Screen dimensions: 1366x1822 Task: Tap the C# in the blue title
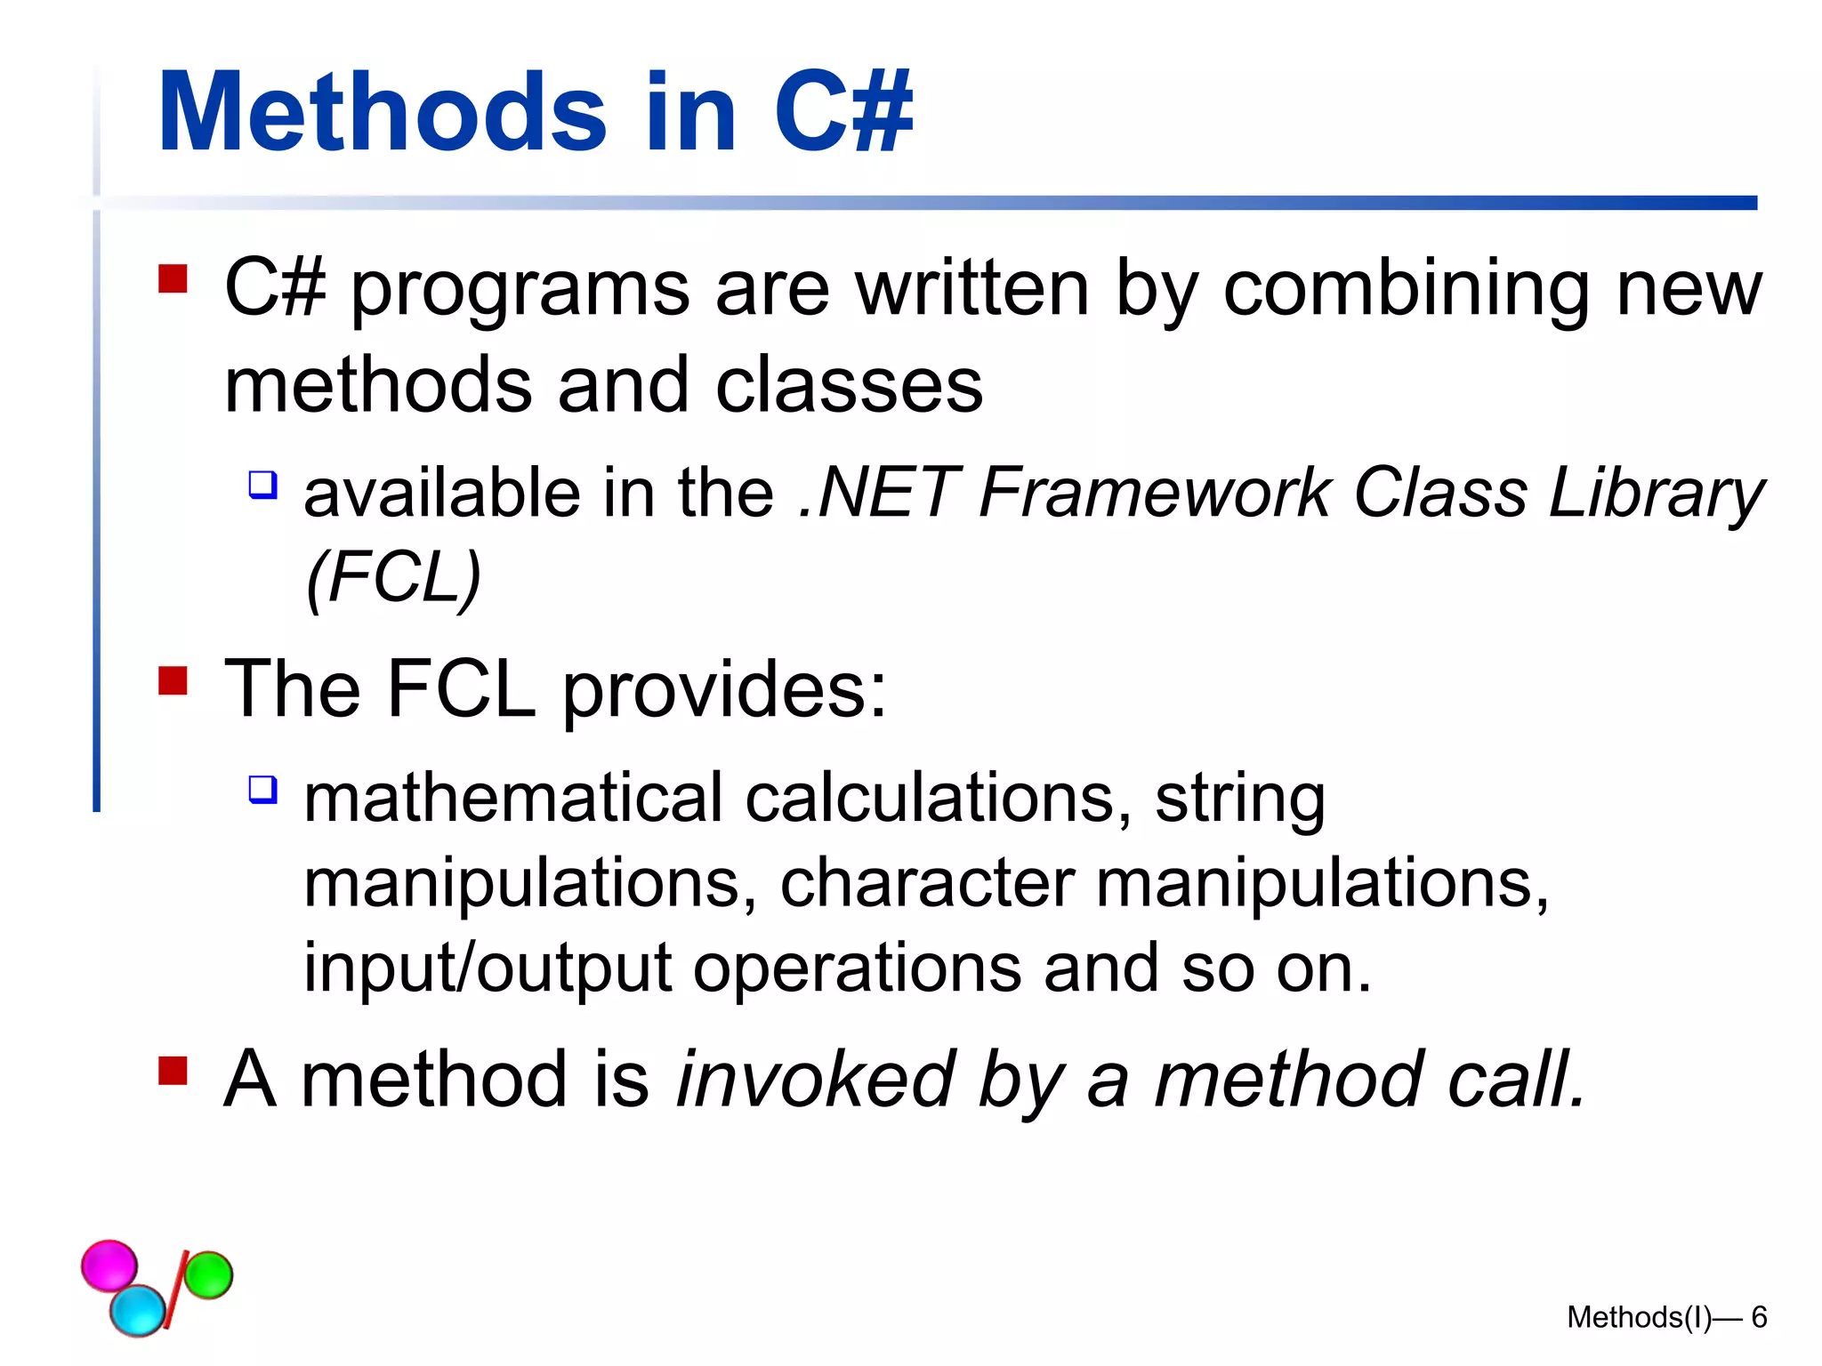842,113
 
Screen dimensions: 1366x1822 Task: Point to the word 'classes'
849,386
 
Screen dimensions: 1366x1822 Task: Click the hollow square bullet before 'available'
262,485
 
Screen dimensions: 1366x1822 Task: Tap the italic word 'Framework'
1154,493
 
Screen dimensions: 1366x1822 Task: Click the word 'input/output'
487,968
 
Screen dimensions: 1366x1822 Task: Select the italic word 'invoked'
816,1080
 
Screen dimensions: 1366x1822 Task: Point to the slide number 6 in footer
1759,1317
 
